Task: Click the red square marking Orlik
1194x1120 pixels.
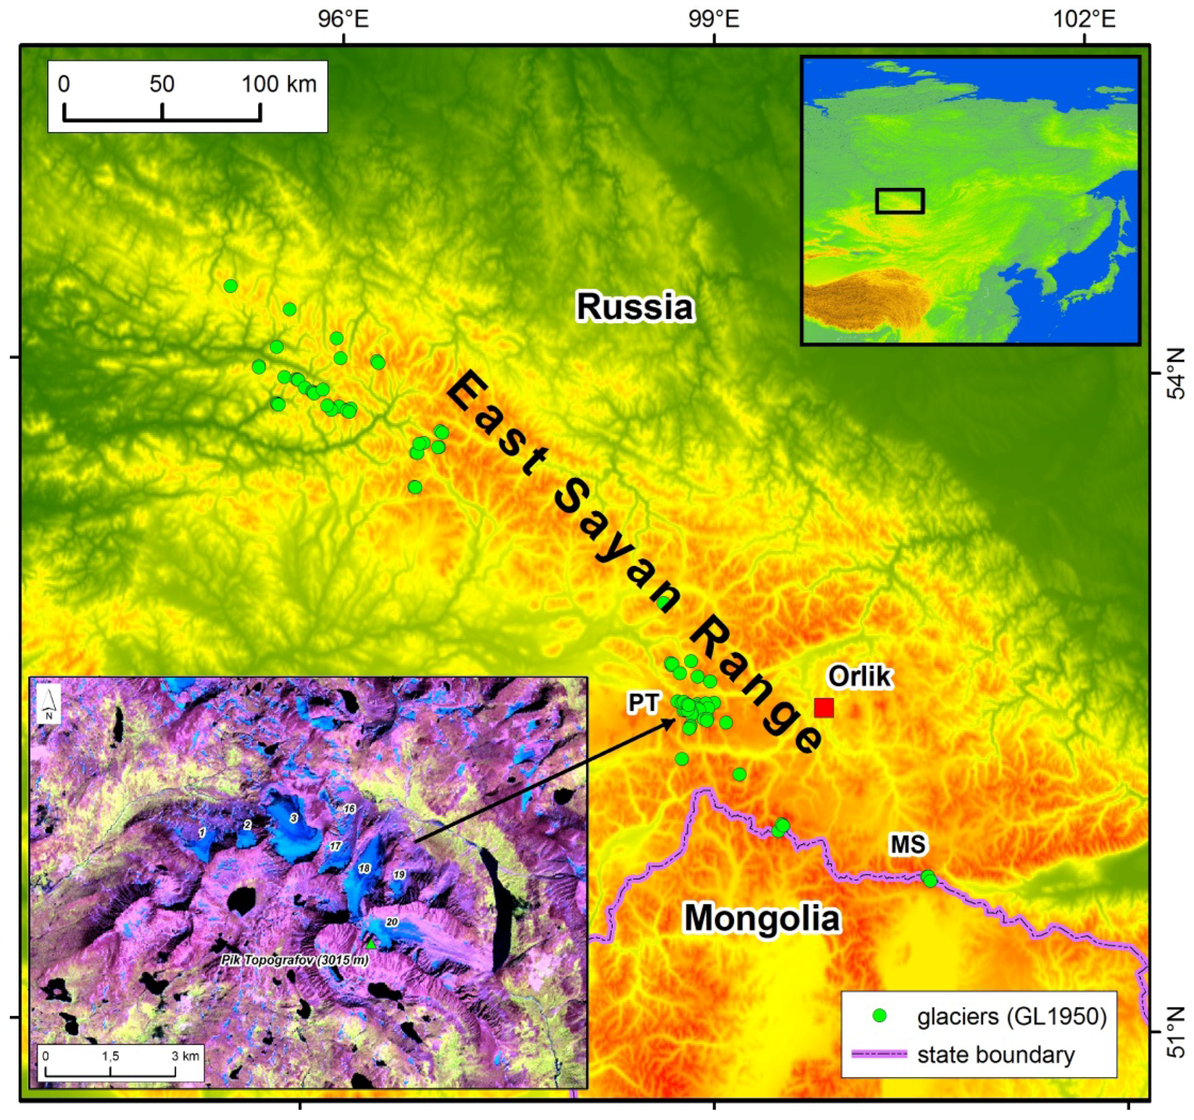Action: pos(824,708)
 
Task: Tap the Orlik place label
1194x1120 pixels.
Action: pos(859,677)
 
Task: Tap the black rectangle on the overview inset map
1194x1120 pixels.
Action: pos(899,201)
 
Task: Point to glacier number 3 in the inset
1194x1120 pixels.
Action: pos(294,818)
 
